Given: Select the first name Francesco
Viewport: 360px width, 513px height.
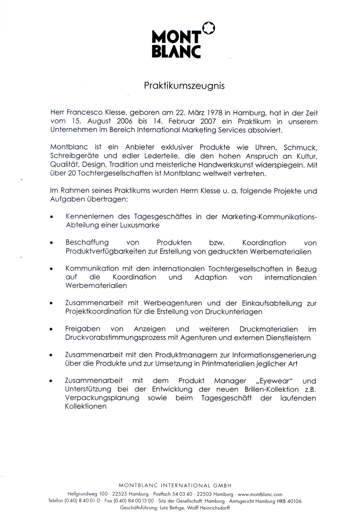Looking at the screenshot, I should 87,112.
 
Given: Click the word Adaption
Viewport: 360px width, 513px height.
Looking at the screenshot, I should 211,277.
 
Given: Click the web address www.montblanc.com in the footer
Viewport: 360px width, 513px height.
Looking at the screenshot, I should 260,494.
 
